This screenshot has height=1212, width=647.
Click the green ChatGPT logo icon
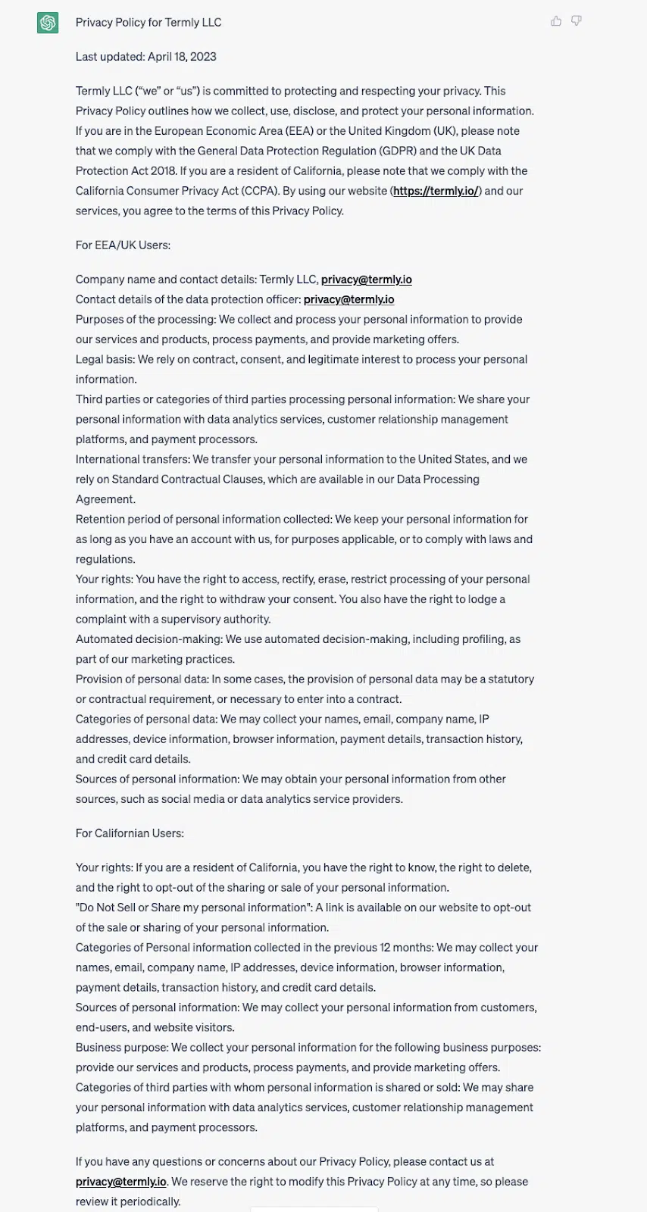click(48, 23)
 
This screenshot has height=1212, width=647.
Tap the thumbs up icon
click(556, 21)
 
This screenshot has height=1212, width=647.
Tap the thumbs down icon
click(577, 21)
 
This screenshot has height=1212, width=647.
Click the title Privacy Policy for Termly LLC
click(148, 23)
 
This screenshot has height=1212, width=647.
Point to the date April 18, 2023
click(182, 57)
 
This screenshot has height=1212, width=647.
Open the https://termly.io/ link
click(436, 191)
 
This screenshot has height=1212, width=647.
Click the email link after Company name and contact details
click(367, 280)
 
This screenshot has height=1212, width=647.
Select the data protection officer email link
click(349, 299)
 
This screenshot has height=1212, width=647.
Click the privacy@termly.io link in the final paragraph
click(121, 1182)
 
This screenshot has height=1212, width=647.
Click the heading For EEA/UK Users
click(123, 245)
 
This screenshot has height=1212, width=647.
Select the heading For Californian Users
click(130, 833)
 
